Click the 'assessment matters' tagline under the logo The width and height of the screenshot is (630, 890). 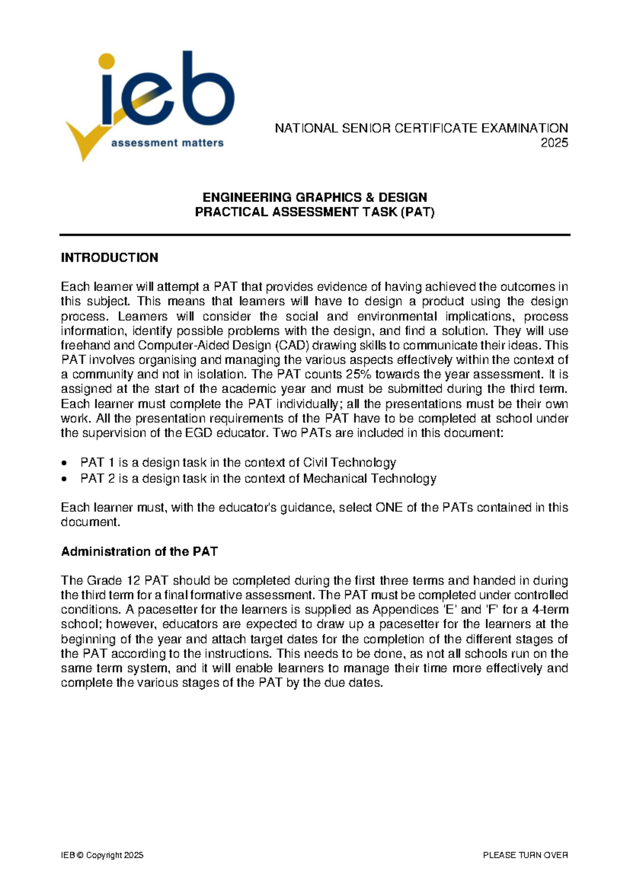click(x=167, y=143)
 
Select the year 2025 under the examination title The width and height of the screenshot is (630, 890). click(x=554, y=143)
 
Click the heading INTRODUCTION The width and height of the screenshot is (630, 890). click(x=109, y=258)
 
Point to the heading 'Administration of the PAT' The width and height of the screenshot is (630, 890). click(x=139, y=552)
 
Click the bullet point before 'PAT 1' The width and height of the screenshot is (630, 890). click(x=64, y=463)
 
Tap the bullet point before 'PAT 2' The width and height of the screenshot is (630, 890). click(x=64, y=479)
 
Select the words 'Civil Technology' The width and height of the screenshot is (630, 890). click(x=349, y=463)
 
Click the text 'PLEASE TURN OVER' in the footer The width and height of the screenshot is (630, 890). click(x=525, y=855)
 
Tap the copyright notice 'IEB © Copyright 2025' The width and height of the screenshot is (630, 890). click(x=102, y=855)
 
